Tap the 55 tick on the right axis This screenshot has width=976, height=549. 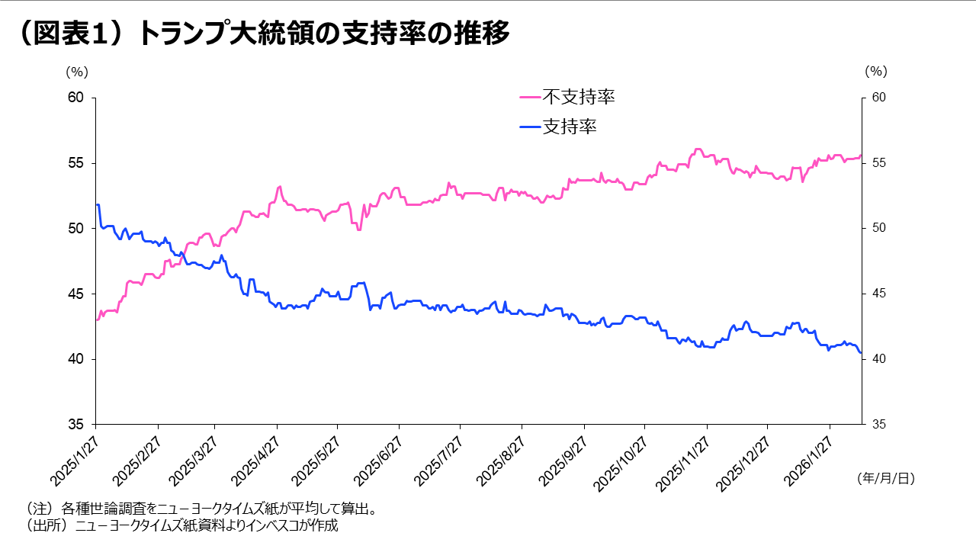pyautogui.click(x=878, y=163)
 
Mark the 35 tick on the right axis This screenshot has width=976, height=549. pyautogui.click(x=878, y=424)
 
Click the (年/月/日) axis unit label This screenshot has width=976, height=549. pyautogui.click(x=885, y=478)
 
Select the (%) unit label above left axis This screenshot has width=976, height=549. pyautogui.click(x=77, y=72)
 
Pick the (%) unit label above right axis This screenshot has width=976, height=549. pyautogui.click(x=876, y=72)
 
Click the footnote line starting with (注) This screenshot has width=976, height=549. pyautogui.click(x=201, y=508)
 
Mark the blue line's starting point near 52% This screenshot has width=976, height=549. pyautogui.click(x=97, y=204)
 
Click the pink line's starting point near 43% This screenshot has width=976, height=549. pyautogui.click(x=97, y=319)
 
